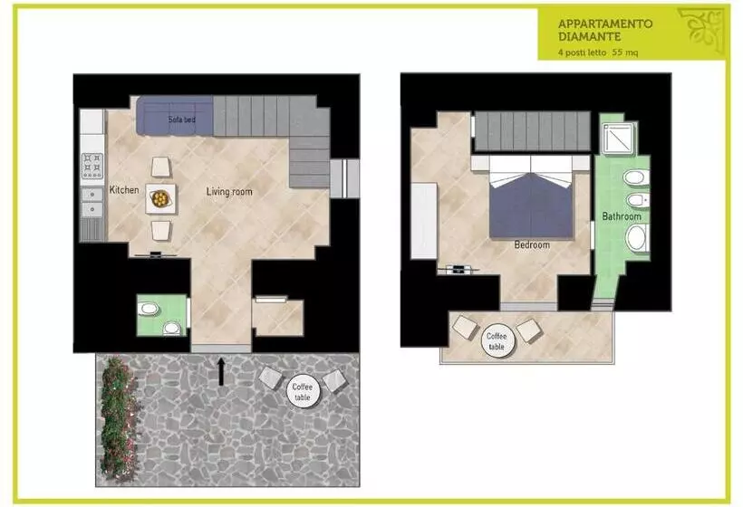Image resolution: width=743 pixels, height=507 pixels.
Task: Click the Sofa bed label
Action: pos(182,120)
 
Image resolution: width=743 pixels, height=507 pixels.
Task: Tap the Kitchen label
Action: pos(124,190)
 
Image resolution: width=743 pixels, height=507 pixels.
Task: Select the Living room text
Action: pos(229,192)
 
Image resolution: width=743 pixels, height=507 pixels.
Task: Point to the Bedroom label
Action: pos(532,244)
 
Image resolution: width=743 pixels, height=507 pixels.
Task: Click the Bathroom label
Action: pos(622,216)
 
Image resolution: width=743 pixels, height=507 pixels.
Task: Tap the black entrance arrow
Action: pos(221,371)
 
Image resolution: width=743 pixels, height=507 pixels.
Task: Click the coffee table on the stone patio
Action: pos(304,392)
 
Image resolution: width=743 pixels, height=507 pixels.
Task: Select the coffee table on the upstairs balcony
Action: pos(497,340)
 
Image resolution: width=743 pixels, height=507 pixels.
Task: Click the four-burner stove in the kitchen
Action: pos(92,165)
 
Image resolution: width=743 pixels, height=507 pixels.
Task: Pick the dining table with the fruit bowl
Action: pos(160,198)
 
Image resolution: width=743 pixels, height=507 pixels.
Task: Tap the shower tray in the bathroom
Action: pos(618,139)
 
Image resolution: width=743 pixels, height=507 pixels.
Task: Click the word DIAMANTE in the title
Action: pos(590,36)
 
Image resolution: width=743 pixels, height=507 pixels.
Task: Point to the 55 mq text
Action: pos(625,53)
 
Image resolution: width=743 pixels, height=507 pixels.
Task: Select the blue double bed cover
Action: pos(531,206)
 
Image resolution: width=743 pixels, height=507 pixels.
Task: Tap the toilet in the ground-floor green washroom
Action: pos(171,328)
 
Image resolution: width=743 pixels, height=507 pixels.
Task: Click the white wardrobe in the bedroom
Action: pos(424,221)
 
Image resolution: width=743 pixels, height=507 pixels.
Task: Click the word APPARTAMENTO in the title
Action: pos(605,24)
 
